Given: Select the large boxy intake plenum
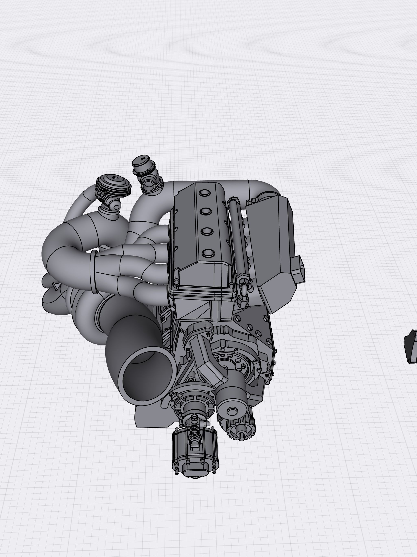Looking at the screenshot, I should coord(272,242).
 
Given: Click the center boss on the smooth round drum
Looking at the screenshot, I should coord(232,411).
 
